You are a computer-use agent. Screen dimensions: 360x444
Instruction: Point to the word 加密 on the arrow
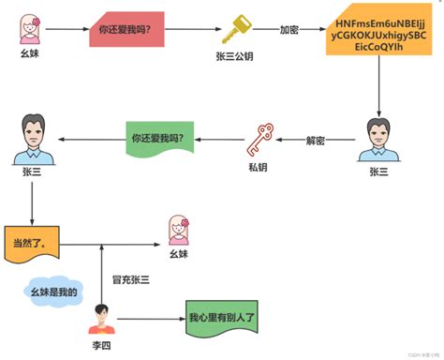tap(289, 30)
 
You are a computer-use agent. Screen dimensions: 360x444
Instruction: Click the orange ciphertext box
tap(378, 35)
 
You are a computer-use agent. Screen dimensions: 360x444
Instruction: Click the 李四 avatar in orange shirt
tap(100, 320)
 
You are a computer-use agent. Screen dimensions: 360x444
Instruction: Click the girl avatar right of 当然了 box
tap(178, 229)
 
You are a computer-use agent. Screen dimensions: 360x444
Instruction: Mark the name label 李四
tap(100, 346)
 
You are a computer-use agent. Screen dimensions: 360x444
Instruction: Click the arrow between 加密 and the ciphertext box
tap(313, 30)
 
